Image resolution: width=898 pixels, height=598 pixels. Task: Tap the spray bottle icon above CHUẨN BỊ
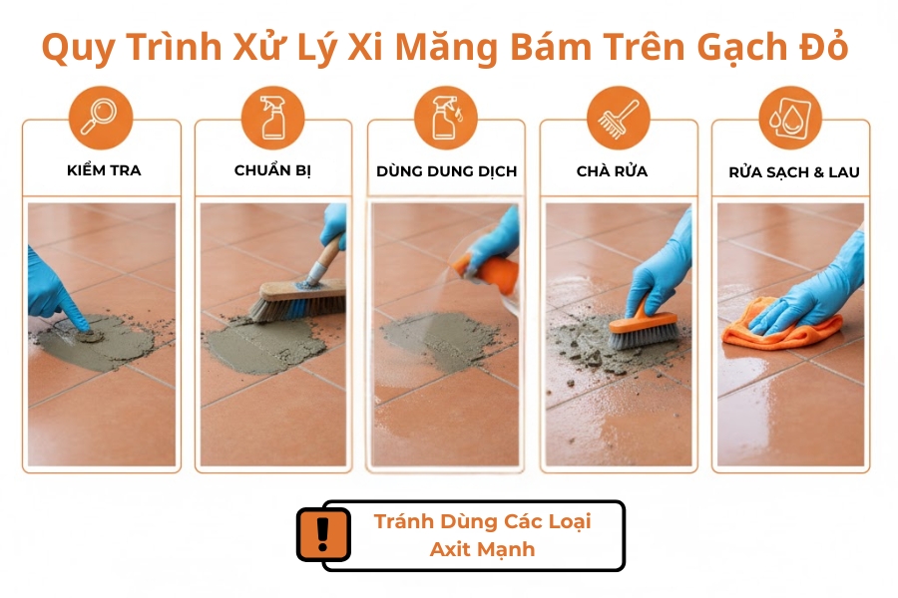(x=272, y=117)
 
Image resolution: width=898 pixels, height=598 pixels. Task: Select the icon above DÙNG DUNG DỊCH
(x=445, y=117)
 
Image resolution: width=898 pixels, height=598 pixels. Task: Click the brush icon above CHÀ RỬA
(x=618, y=117)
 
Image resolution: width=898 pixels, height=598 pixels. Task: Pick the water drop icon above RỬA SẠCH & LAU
(x=790, y=117)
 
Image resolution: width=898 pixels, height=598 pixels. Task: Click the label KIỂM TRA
(x=104, y=170)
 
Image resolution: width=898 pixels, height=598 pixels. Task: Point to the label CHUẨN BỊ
(x=273, y=170)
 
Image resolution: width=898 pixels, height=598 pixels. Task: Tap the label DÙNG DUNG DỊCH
(x=447, y=171)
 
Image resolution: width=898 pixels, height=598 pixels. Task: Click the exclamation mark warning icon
(x=323, y=535)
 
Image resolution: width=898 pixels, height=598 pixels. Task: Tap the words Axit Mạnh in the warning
(x=482, y=549)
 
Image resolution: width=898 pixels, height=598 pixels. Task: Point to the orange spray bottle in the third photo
(x=479, y=270)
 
